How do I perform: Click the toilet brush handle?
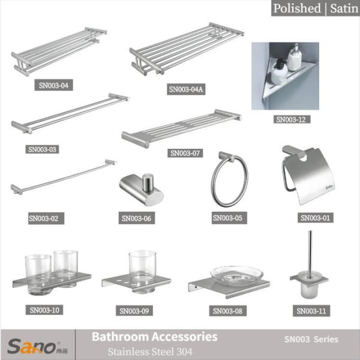pos(309,251)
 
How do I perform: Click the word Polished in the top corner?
pos(296,8)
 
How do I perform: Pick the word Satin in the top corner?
pos(340,8)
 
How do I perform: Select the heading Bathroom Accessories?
pos(154,337)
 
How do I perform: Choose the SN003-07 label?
pos(185,153)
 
